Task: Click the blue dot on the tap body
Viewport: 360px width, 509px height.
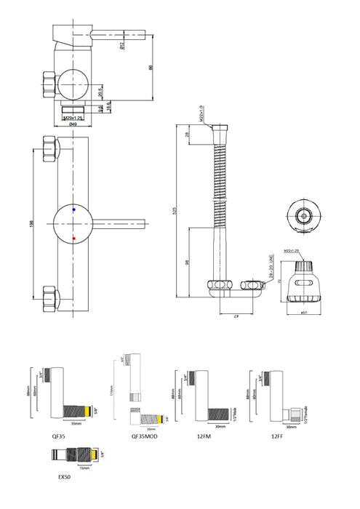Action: click(74, 209)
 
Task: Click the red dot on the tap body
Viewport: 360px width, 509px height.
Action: click(74, 238)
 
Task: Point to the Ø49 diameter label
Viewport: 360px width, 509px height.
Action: click(74, 124)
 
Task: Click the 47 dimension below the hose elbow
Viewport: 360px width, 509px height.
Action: click(236, 316)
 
